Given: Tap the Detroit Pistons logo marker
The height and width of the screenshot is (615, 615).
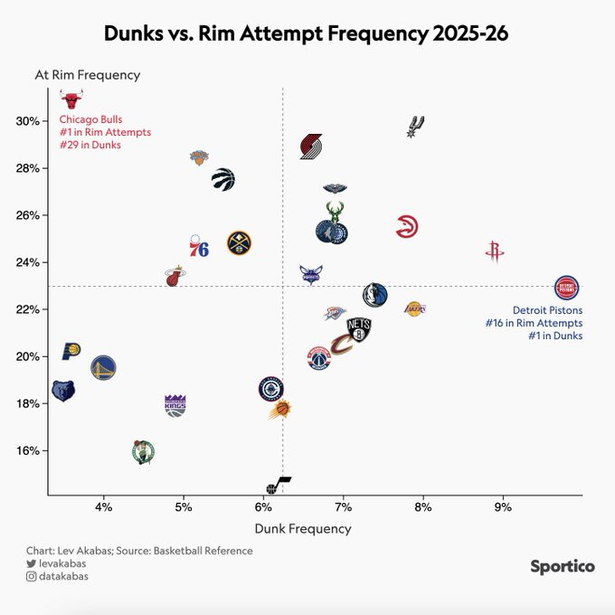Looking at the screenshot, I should point(567,289).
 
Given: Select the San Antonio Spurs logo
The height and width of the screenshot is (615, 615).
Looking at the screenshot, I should point(416,127).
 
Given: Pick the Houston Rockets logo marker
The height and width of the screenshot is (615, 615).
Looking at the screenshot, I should point(493,252).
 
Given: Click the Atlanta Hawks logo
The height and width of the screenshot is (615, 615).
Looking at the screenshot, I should point(407,227).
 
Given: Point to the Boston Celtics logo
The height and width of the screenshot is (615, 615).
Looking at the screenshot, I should point(143,451).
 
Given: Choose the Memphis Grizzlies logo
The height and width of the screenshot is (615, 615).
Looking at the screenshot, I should point(62,392).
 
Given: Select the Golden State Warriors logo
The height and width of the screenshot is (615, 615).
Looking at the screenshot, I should point(103,367).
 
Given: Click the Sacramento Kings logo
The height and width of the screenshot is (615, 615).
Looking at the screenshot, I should point(175,405).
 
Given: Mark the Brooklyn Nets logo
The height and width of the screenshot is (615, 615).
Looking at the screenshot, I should point(359,329).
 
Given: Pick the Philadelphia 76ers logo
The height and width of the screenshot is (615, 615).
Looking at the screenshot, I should point(199,246).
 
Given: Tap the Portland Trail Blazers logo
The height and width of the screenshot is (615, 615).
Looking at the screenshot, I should point(311,147).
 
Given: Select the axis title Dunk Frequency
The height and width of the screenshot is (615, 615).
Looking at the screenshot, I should point(302,528).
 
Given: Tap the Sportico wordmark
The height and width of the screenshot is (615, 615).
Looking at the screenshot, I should point(562,566).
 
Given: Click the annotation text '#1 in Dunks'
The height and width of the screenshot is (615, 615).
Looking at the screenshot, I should point(555,336).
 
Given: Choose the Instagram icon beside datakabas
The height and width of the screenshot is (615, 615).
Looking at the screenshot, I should point(31,577).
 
